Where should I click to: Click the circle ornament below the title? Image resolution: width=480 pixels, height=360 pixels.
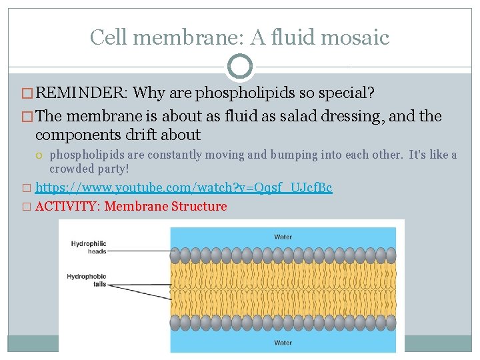pyautogui.click(x=240, y=67)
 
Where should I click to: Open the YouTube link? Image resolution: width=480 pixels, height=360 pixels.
pyautogui.click(x=183, y=188)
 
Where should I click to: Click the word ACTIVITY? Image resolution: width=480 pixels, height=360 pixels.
pyautogui.click(x=67, y=207)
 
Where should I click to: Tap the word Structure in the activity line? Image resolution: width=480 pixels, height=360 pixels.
pyautogui.click(x=199, y=207)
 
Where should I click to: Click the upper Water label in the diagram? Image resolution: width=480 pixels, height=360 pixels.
pyautogui.click(x=283, y=237)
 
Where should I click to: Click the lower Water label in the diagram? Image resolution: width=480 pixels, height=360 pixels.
pyautogui.click(x=283, y=343)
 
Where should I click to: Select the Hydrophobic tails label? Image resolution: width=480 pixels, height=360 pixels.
pyautogui.click(x=87, y=279)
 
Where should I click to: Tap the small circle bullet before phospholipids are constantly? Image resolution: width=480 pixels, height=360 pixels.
pyautogui.click(x=41, y=155)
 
